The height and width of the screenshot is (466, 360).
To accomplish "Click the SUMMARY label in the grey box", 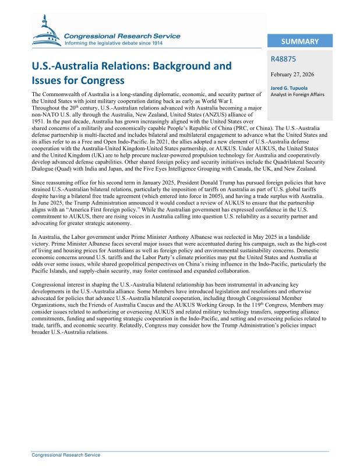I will click(299, 42).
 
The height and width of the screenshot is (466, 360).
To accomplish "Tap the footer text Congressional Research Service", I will click(65, 455).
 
